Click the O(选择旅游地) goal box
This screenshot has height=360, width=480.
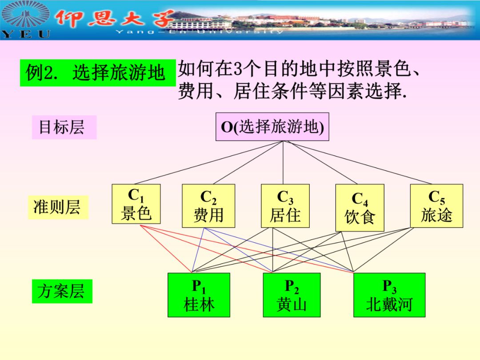pos(272,127)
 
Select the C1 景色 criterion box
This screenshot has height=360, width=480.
pos(136,204)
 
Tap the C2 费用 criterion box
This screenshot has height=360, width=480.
pos(208,206)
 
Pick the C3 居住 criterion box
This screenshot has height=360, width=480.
pos(285,206)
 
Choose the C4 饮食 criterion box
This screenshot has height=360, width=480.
pos(360,208)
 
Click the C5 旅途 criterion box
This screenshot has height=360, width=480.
pos(436,206)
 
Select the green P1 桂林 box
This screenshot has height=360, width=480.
pos(199,295)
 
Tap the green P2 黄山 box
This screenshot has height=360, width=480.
pos(292,295)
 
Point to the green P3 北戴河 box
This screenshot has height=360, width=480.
pos(389,295)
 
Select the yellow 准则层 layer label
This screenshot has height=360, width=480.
pos(58,207)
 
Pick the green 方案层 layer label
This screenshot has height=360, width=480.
pos(62,291)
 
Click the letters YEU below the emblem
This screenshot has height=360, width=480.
pos(26,34)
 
